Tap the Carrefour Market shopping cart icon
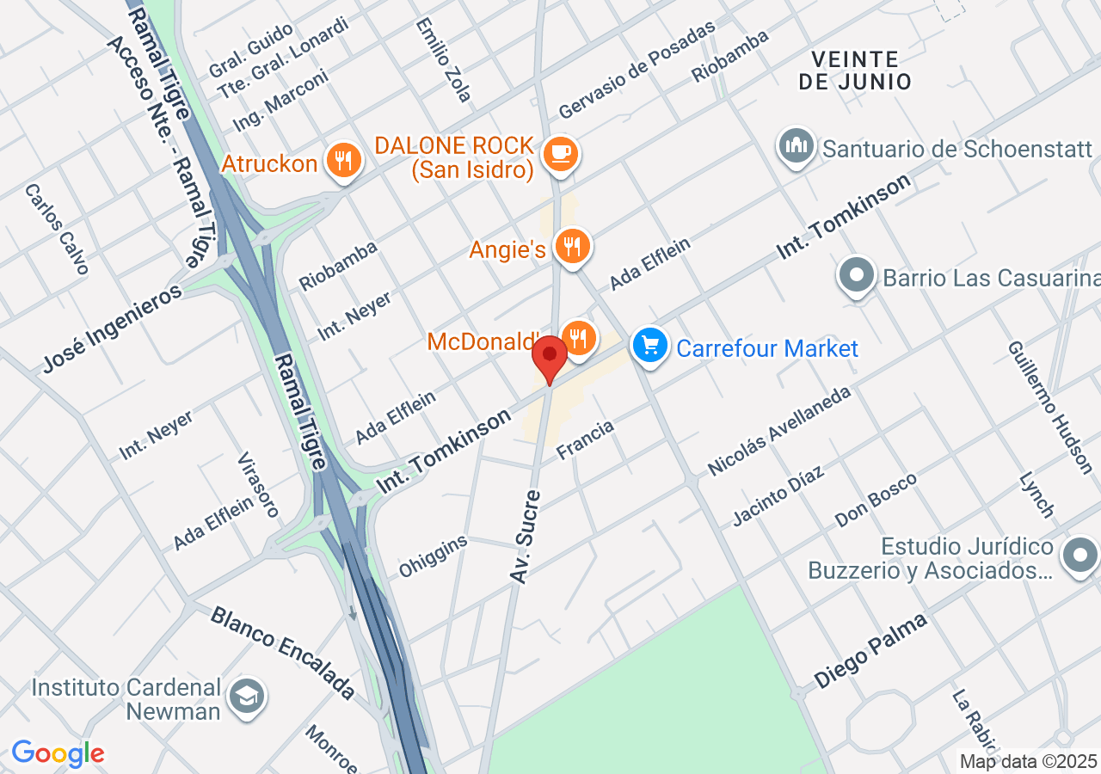(x=650, y=347)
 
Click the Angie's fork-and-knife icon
(x=571, y=247)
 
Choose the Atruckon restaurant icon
(x=344, y=160)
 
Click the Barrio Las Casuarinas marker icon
(x=857, y=276)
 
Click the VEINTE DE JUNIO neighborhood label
(x=854, y=71)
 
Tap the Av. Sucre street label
(x=526, y=537)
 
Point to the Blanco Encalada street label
(x=283, y=651)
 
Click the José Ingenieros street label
(x=113, y=329)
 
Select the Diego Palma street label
(x=870, y=650)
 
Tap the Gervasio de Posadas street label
(x=637, y=70)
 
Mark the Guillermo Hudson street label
(x=1049, y=407)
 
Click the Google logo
(x=58, y=754)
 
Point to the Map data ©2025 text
(x=1029, y=761)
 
